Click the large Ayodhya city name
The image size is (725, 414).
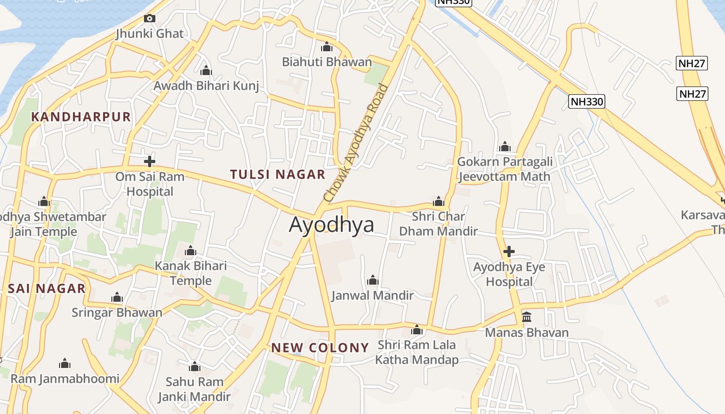point(331,225)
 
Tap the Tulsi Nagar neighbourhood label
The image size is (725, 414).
point(278,174)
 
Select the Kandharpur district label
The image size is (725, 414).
point(81,116)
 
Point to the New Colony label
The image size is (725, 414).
point(320,348)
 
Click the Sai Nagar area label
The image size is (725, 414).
point(47,289)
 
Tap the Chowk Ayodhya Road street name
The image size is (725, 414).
point(355,143)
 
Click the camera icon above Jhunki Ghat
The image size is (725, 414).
point(150,19)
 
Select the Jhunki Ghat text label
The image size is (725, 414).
point(150,34)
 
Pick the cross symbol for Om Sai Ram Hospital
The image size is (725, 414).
point(150,161)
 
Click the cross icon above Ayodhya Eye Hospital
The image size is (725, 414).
point(509,252)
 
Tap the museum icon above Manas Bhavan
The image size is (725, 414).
point(527,317)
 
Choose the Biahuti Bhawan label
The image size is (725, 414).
point(327,62)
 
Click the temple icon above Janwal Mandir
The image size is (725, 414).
point(372,280)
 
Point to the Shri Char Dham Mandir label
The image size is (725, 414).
point(439,224)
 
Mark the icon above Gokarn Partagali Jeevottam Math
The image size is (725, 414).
point(505,146)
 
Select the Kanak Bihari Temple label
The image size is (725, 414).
point(191,273)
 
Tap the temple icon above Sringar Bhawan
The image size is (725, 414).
point(117,298)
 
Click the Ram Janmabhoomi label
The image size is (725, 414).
point(65,379)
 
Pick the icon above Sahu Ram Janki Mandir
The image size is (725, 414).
point(195,367)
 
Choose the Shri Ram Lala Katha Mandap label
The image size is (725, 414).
point(417,352)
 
